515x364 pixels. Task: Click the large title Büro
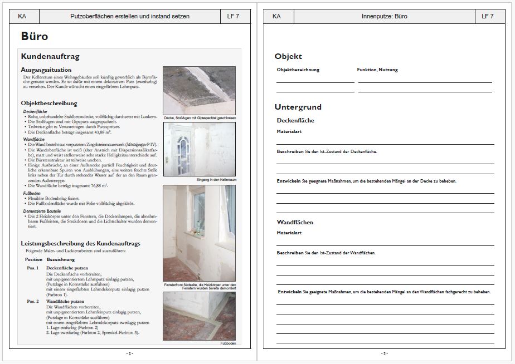pyautogui.click(x=35, y=37)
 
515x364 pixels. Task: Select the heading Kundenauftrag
pyautogui.click(x=50, y=56)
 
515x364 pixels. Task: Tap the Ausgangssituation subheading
pyautogui.click(x=46, y=70)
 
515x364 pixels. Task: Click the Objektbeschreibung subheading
pyautogui.click(x=49, y=103)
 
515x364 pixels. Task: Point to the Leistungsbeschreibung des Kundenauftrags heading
pyautogui.click(x=80, y=244)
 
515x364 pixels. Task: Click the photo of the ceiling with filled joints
pyautogui.click(x=199, y=90)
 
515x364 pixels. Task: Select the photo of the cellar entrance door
pyautogui.click(x=199, y=149)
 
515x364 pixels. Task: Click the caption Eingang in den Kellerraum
pyautogui.click(x=216, y=180)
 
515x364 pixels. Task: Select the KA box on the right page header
pyautogui.click(x=276, y=16)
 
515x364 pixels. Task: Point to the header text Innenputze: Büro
pyautogui.click(x=385, y=16)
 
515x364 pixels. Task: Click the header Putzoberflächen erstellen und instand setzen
pyautogui.click(x=130, y=16)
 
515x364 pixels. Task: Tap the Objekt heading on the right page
pyautogui.click(x=288, y=56)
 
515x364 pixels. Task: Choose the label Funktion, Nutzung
pyautogui.click(x=377, y=70)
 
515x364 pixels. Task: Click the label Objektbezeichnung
pyautogui.click(x=298, y=70)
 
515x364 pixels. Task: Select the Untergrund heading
pyautogui.click(x=298, y=107)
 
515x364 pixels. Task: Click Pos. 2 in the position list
pyautogui.click(x=33, y=301)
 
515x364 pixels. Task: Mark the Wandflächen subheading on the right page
pyautogui.click(x=295, y=222)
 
